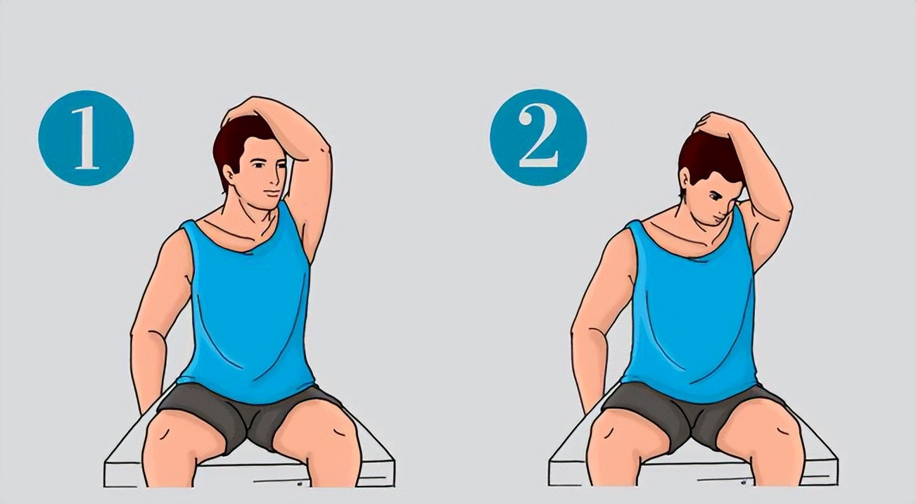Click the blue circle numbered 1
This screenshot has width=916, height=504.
(x=86, y=138)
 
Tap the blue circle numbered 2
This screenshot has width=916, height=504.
(x=538, y=137)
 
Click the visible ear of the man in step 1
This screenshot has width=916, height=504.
(x=229, y=175)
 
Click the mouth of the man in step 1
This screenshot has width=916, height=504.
(x=270, y=193)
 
